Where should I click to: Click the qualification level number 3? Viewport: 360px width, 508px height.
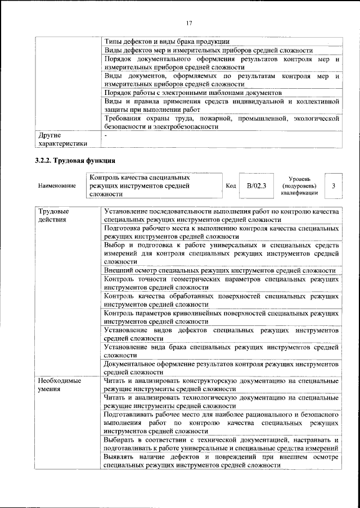click(x=334, y=185)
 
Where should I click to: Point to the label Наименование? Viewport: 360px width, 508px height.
click(x=57, y=185)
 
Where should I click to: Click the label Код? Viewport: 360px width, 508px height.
click(x=230, y=185)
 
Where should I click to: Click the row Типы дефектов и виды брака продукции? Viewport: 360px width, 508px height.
click(x=166, y=41)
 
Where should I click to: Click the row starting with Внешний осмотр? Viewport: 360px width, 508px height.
click(x=219, y=270)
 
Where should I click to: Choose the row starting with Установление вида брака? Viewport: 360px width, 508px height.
click(x=221, y=351)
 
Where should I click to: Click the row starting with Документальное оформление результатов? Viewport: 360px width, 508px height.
click(x=221, y=368)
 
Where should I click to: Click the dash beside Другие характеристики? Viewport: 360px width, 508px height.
click(x=106, y=135)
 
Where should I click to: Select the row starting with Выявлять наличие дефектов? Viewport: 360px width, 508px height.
click(x=221, y=461)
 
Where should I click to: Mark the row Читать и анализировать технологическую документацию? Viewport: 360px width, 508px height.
click(x=221, y=402)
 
